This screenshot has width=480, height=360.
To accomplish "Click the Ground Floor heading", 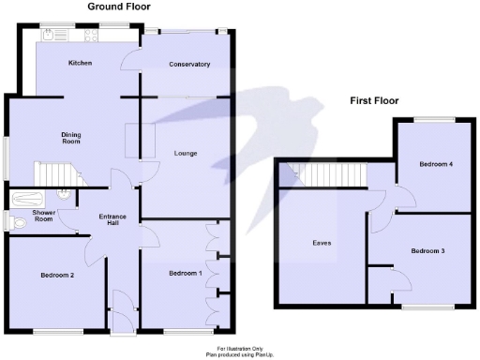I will [123, 6].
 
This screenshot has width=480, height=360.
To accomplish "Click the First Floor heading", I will [375, 99].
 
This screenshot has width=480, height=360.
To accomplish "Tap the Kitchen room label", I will [80, 64].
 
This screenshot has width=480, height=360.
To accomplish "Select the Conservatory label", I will [188, 64].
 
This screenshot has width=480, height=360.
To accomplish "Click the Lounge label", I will [186, 153].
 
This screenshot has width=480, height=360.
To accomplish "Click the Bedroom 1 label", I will [185, 273].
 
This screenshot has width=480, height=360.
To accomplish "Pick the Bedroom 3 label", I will [427, 250].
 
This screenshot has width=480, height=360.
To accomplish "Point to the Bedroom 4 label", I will [436, 164].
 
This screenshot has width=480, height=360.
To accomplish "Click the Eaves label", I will [322, 243].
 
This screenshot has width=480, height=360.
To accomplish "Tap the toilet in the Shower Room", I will [11, 221].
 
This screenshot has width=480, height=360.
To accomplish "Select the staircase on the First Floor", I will [324, 175].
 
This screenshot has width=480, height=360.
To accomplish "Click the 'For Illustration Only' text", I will [228, 348].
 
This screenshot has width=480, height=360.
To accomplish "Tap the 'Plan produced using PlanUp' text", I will [228, 354].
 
